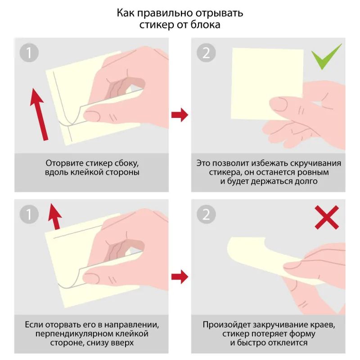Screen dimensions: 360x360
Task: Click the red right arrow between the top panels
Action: point(180,114)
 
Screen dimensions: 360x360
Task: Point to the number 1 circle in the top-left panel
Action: point(29,53)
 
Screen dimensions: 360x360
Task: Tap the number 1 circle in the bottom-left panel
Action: point(29,215)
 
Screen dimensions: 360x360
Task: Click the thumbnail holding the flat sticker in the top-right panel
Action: point(281,105)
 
